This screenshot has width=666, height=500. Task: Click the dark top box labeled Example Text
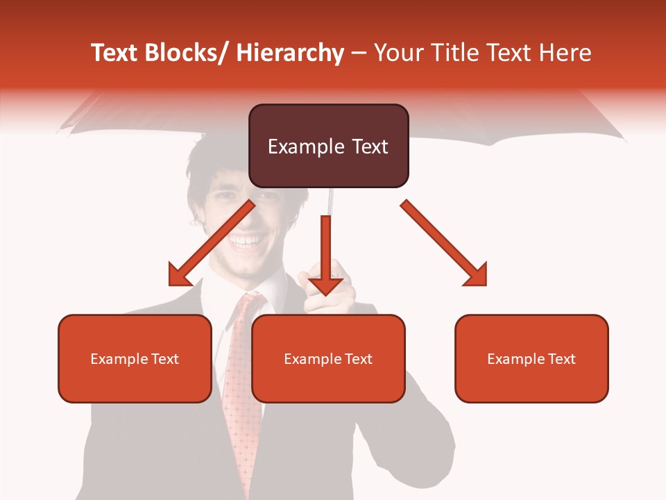(x=328, y=146)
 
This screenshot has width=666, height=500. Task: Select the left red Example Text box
(x=135, y=358)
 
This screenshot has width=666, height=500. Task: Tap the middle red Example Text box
(x=328, y=358)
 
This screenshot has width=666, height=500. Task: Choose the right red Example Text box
(x=531, y=358)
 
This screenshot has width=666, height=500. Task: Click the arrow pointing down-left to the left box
(x=212, y=242)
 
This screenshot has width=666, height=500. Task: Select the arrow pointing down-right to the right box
(x=444, y=242)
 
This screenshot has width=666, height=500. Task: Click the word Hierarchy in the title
(x=290, y=53)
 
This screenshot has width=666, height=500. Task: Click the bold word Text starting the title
(x=115, y=53)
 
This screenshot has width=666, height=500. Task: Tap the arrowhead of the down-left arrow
(x=178, y=277)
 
